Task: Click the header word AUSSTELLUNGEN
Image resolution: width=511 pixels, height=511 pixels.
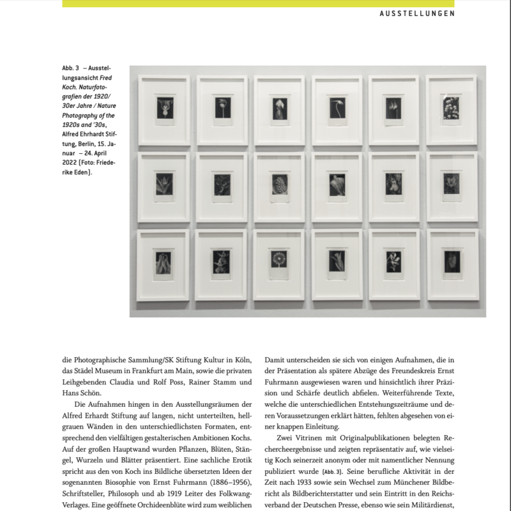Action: pyautogui.click(x=417, y=13)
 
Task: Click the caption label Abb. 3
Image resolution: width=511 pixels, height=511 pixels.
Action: pyautogui.click(x=72, y=68)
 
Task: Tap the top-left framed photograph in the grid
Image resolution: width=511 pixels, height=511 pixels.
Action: pyautogui.click(x=164, y=111)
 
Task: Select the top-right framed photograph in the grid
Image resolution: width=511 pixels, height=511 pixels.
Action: pyautogui.click(x=452, y=110)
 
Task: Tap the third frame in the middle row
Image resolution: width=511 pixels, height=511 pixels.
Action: pyautogui.click(x=278, y=187)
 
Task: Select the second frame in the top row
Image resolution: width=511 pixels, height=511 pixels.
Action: pyautogui.click(x=222, y=111)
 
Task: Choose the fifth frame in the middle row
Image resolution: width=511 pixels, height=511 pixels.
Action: pyautogui.click(x=394, y=187)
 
